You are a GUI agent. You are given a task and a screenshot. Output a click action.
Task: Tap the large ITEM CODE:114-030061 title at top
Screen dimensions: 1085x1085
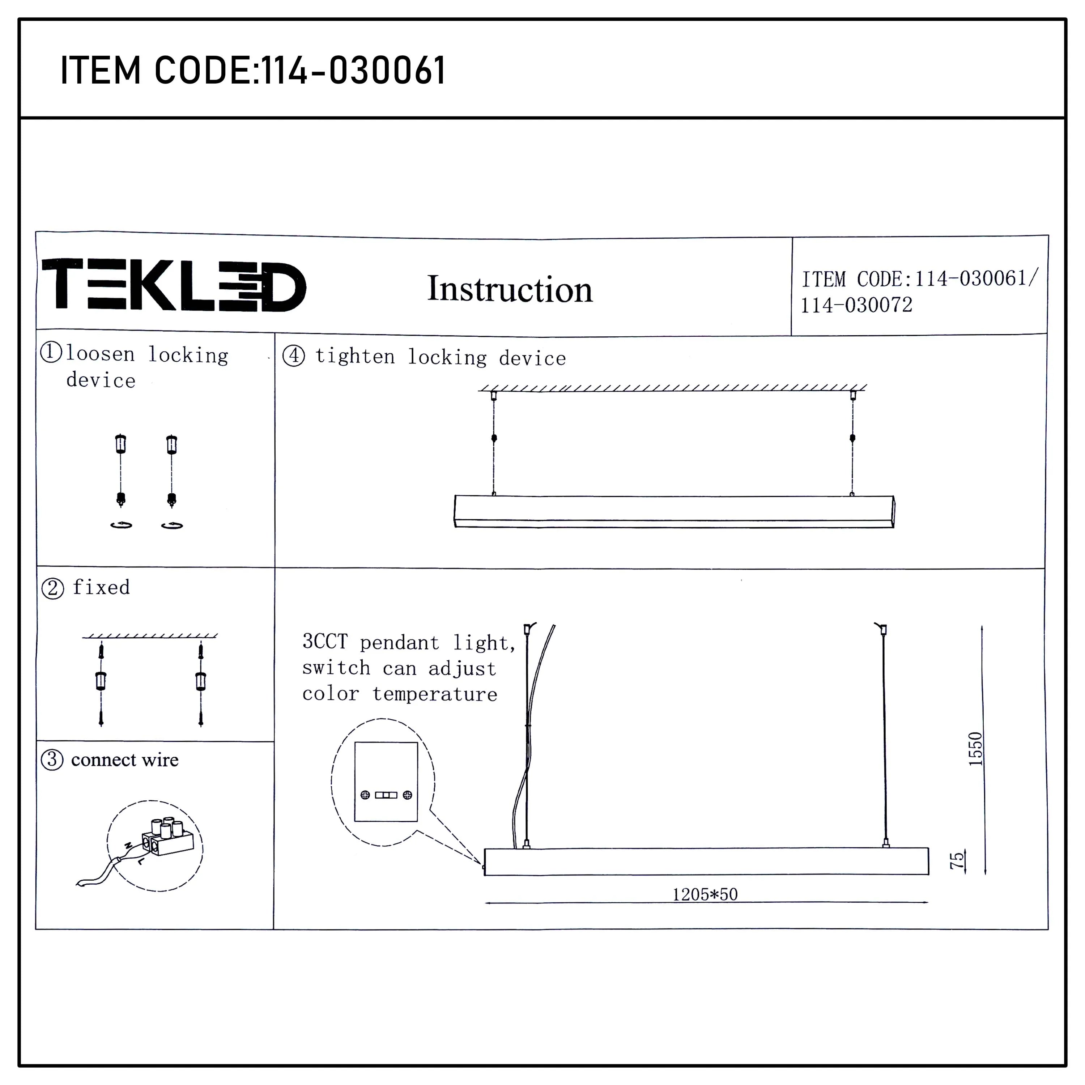[253, 71]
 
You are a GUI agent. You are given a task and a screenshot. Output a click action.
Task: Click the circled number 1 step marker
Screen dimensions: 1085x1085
[51, 352]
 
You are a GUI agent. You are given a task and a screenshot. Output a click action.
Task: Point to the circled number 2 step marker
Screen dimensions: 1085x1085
[53, 588]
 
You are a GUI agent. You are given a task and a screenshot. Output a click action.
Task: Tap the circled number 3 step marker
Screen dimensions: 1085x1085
[52, 760]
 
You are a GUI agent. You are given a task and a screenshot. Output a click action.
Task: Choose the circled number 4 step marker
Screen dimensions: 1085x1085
[294, 356]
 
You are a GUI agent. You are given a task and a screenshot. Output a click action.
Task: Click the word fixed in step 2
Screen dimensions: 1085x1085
[101, 587]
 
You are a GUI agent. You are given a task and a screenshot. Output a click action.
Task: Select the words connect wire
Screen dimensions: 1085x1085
[125, 760]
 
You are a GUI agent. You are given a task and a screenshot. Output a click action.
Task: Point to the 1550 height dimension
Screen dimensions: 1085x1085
[975, 749]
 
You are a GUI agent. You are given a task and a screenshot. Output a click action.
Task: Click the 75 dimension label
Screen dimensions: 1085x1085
[956, 860]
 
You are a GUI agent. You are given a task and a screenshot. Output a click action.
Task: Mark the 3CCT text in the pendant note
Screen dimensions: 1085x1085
[325, 641]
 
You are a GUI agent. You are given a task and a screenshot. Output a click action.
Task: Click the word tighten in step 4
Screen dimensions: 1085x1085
[355, 357]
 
